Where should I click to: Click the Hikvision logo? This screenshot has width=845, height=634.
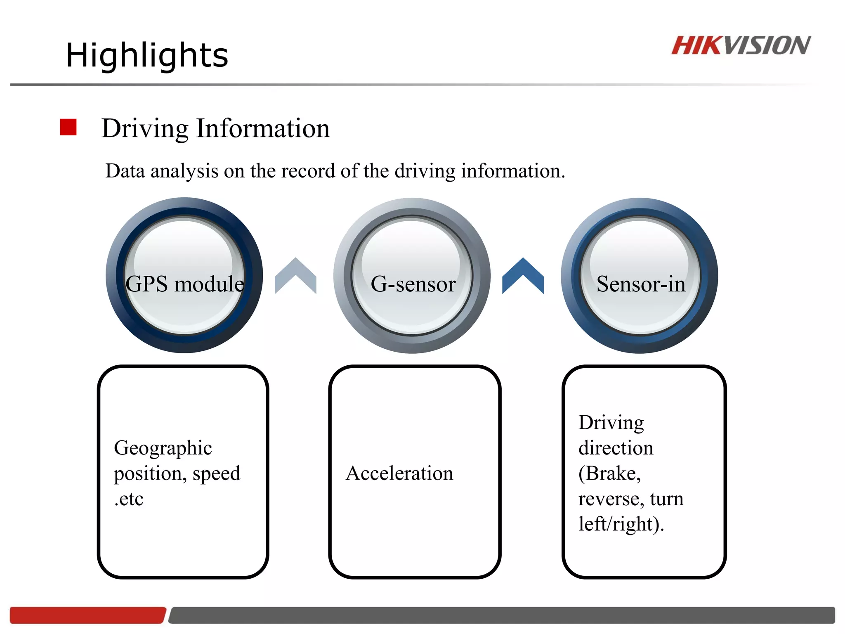pos(741,45)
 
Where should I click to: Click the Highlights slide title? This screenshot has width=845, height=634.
pos(147,55)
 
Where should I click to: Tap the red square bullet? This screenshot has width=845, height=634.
pos(68,127)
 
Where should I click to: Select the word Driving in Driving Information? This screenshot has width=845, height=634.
pos(145,129)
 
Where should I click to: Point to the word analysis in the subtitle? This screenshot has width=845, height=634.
pos(184,171)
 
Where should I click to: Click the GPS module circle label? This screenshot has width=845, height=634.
pos(184,284)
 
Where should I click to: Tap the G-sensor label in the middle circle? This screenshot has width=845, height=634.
pos(413,284)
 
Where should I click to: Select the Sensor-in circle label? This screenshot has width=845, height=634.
pos(640,284)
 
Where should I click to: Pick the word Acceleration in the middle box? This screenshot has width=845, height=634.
pos(399,473)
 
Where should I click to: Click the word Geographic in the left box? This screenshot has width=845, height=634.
pos(163,448)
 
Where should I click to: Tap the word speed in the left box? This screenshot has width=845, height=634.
pos(216,473)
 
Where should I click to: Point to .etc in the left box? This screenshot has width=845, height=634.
pos(129,499)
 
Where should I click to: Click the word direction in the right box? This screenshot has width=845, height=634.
pos(616,448)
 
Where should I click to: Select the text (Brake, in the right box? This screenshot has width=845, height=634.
pos(609,473)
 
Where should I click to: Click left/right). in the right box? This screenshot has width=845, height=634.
pos(621,524)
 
